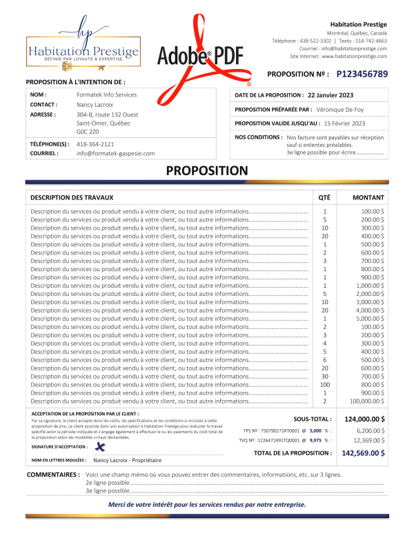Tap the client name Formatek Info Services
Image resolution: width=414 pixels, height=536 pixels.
click(106, 95)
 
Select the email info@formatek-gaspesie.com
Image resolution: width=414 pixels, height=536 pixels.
click(115, 154)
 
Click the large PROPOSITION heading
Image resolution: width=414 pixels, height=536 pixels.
click(207, 170)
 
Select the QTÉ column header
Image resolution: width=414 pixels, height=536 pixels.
click(324, 197)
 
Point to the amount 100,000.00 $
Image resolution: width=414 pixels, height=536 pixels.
click(366, 401)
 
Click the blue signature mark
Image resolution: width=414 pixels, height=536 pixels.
click(99, 447)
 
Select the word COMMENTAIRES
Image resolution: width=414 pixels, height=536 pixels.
click(53, 475)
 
